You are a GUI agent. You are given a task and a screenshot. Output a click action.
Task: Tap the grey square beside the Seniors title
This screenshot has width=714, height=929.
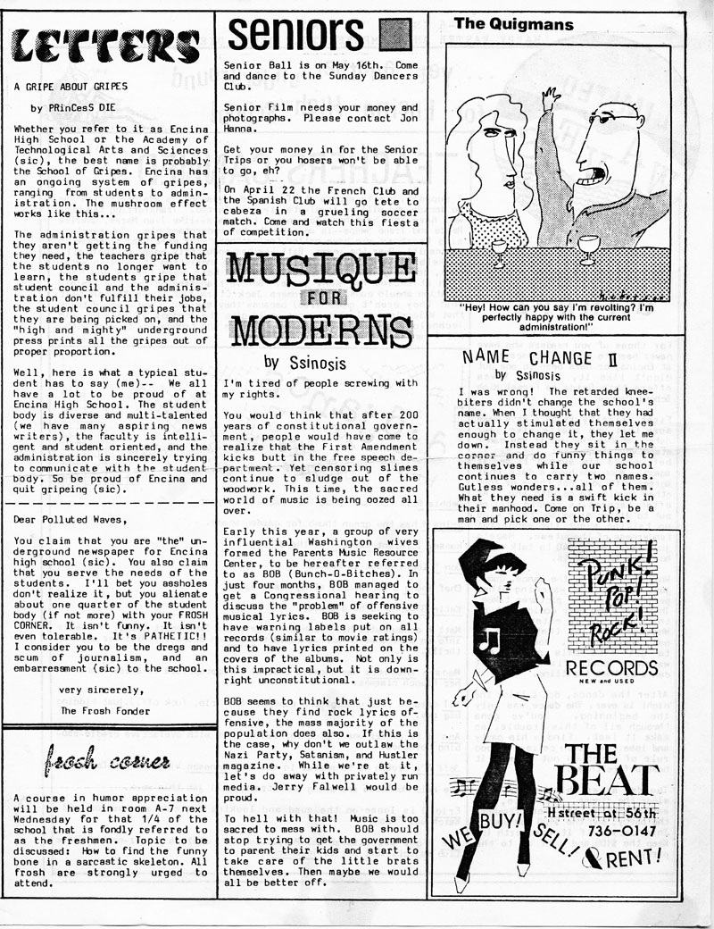click(393, 36)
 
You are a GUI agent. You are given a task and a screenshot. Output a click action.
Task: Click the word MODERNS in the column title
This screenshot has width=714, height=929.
click(320, 331)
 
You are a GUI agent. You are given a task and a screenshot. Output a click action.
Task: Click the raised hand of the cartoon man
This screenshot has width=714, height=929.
click(550, 100)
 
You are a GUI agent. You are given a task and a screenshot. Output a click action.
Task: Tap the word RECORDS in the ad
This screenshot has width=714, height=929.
click(612, 668)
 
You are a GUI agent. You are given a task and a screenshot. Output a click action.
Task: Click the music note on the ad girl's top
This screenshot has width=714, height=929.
click(489, 640)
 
